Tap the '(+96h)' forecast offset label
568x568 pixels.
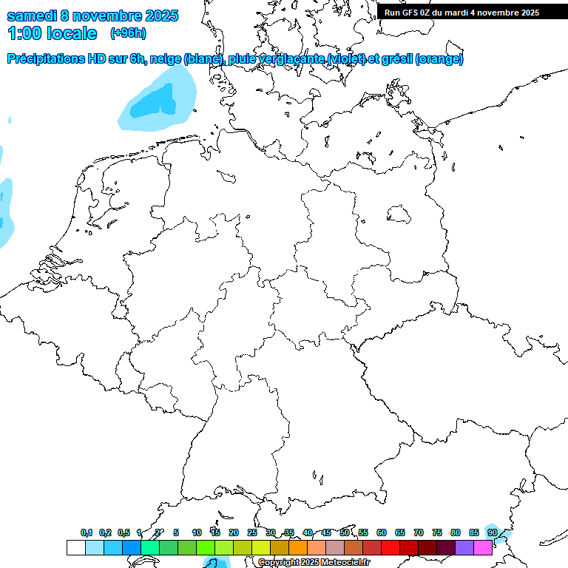[128, 33]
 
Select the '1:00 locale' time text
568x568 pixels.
[52, 33]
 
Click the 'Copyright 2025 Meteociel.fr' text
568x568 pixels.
[314, 562]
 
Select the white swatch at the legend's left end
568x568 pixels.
[75, 547]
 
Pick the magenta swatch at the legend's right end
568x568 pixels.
[483, 547]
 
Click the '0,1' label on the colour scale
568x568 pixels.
[87, 532]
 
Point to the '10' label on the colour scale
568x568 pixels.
[197, 532]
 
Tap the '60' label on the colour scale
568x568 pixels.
[382, 532]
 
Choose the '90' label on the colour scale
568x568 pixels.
[492, 532]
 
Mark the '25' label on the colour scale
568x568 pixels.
[252, 532]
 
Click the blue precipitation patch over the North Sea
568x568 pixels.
[157, 104]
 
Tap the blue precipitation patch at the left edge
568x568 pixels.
[5, 211]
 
